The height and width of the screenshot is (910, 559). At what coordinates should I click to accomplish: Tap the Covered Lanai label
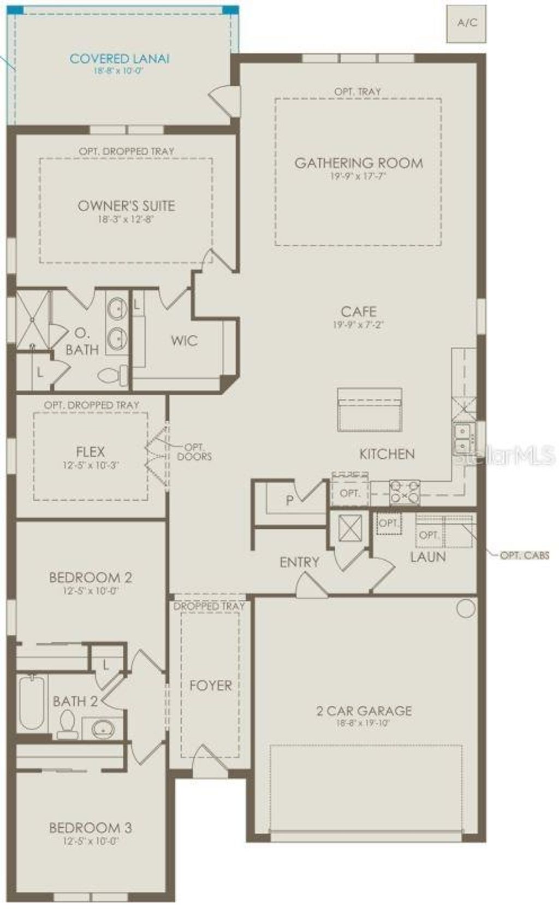pyautogui.click(x=120, y=58)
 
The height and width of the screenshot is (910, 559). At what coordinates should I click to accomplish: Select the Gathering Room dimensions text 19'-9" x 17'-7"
pyautogui.click(x=358, y=176)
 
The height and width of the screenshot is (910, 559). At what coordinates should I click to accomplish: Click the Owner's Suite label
pyautogui.click(x=126, y=206)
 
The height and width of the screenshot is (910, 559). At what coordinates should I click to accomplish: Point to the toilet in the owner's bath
pyautogui.click(x=111, y=376)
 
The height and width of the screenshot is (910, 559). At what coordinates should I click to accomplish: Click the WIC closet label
pyautogui.click(x=184, y=341)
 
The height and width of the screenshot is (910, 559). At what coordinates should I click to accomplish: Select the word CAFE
pyautogui.click(x=358, y=311)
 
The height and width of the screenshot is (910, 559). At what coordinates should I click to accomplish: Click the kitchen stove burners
pyautogui.click(x=405, y=492)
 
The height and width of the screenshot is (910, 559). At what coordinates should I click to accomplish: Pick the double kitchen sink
pyautogui.click(x=461, y=440)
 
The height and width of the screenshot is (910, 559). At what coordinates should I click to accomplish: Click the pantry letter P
pyautogui.click(x=290, y=500)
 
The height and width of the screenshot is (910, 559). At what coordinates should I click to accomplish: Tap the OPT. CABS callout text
pyautogui.click(x=524, y=556)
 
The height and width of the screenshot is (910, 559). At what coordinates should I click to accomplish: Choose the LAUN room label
pyautogui.click(x=428, y=557)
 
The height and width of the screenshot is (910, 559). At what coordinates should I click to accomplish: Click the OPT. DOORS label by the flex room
pyautogui.click(x=194, y=451)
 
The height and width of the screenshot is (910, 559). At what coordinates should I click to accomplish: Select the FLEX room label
pyautogui.click(x=91, y=452)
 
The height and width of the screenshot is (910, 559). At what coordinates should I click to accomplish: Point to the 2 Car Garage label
pyautogui.click(x=364, y=711)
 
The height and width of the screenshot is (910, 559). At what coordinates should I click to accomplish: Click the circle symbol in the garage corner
pyautogui.click(x=466, y=608)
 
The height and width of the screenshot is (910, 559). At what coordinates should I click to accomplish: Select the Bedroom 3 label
pyautogui.click(x=90, y=828)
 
